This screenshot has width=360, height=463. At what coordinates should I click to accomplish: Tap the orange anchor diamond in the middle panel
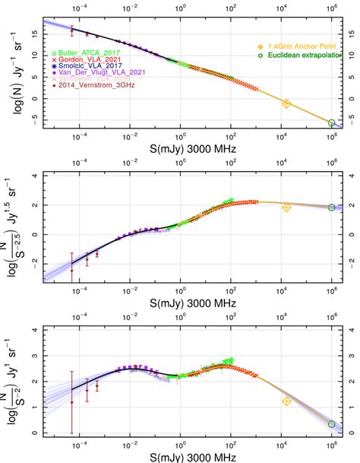[x=286, y=207]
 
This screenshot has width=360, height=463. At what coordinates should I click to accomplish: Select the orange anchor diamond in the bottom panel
[x=286, y=401]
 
